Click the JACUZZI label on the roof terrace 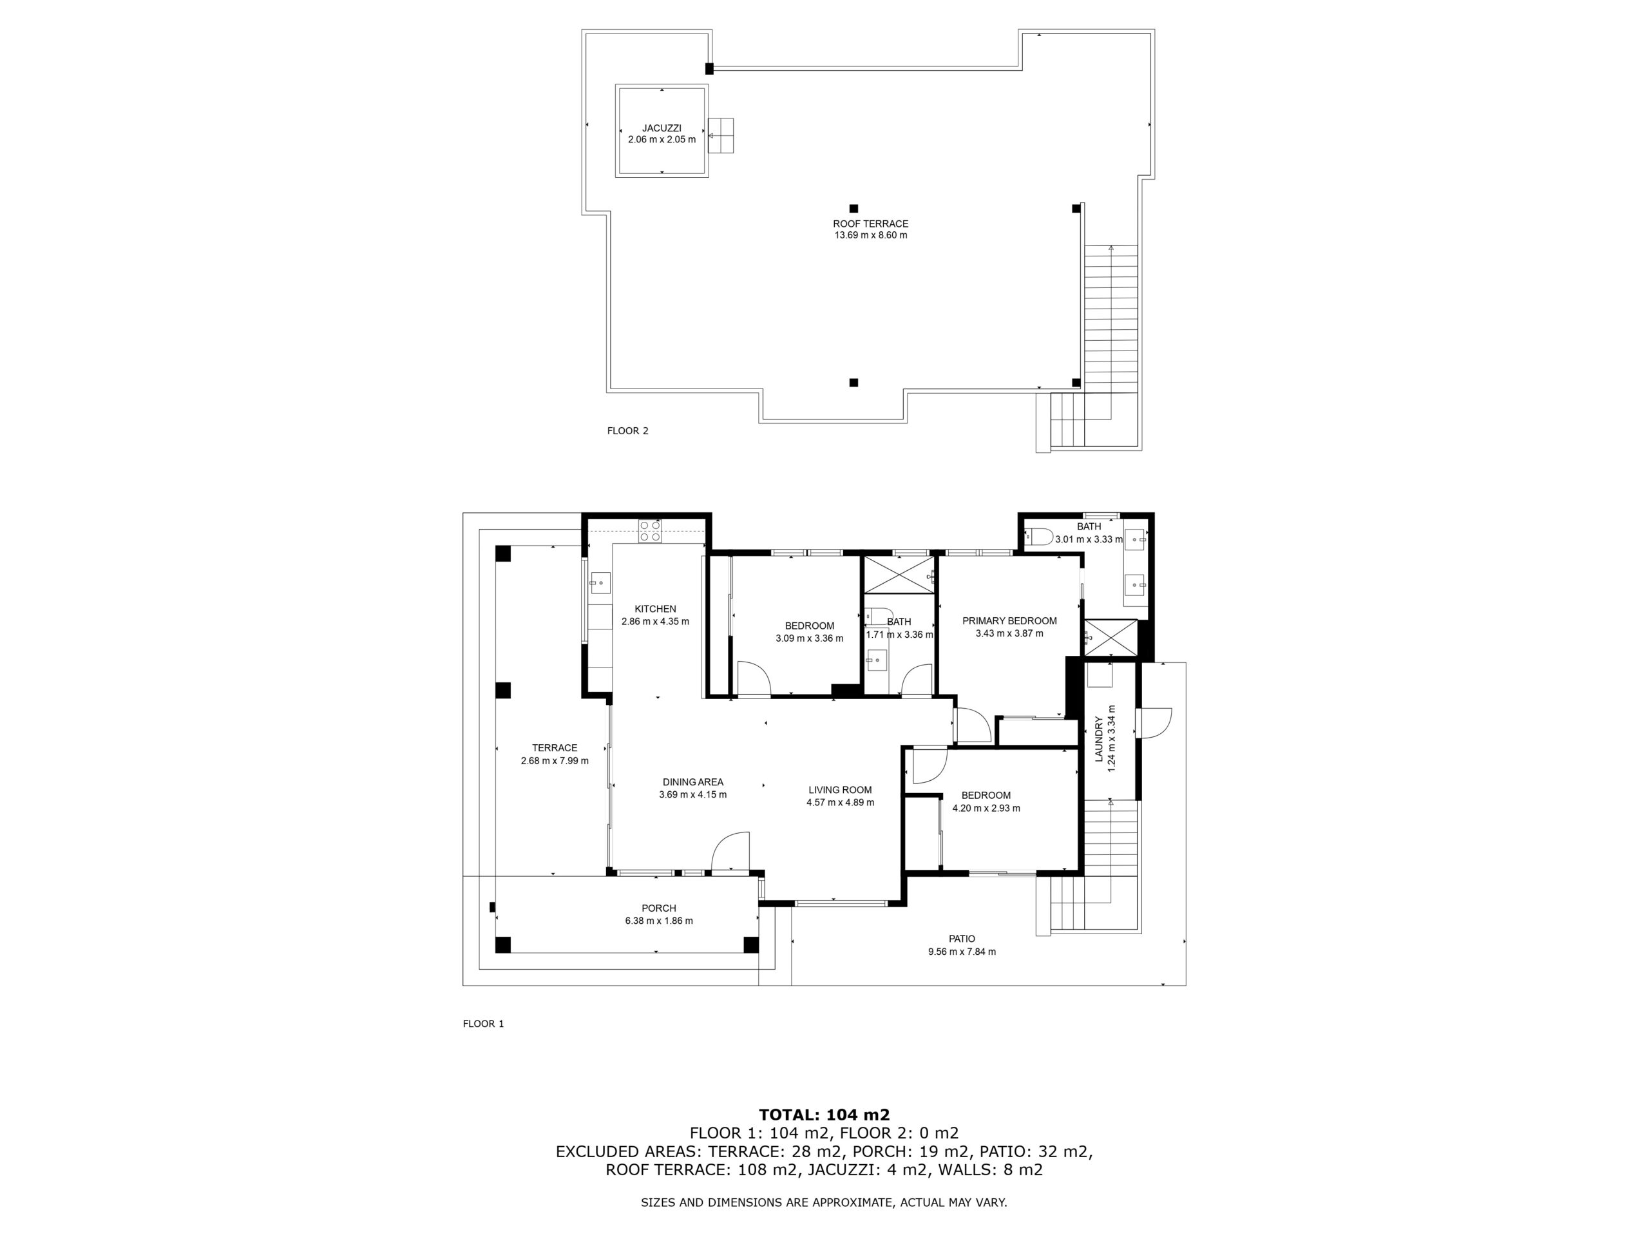pos(662,128)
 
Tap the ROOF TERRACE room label pos(870,224)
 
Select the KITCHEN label pos(655,609)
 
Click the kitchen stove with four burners pos(649,530)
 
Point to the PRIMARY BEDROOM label pos(1009,621)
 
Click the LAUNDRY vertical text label pos(1098,739)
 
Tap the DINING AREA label pos(692,782)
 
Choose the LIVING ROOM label pos(840,790)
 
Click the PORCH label pos(659,908)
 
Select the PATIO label pos(962,939)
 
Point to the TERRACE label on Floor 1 pos(555,748)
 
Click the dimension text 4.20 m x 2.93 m pos(986,809)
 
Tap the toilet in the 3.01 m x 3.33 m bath pos(1039,537)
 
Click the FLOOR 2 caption pos(627,431)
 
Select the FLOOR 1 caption pos(483,1024)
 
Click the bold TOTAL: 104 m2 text pos(824,1115)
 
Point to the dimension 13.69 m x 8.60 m pos(871,236)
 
